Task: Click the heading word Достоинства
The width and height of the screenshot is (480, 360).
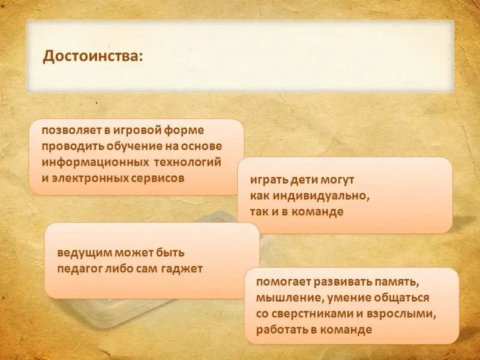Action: point(93,56)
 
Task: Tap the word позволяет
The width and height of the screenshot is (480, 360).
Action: point(72,130)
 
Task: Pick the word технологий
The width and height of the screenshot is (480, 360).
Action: point(187,162)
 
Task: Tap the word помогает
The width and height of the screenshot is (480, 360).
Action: point(283,281)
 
